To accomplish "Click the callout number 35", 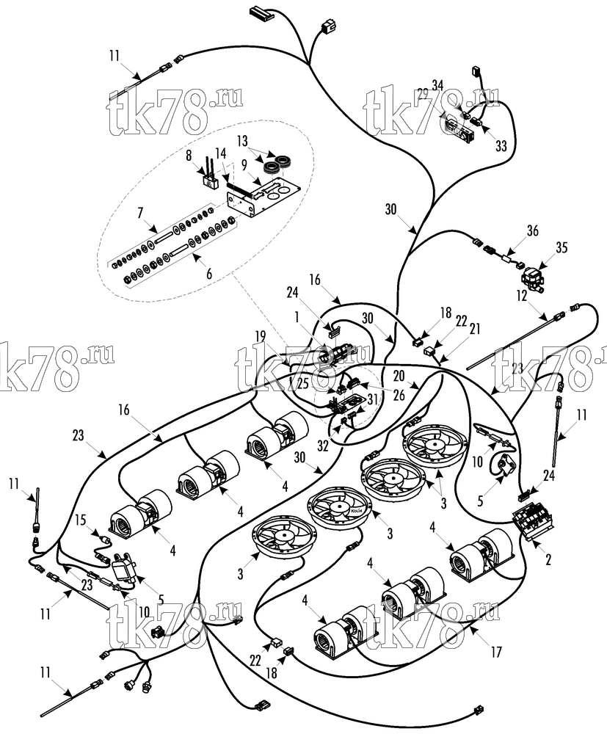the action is pyautogui.click(x=561, y=247).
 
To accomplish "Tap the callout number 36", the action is pyautogui.click(x=533, y=230).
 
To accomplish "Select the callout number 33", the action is pyautogui.click(x=501, y=146).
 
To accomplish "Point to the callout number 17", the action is pyautogui.click(x=496, y=651).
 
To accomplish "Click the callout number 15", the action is pyautogui.click(x=81, y=520).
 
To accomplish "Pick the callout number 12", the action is pyautogui.click(x=522, y=296).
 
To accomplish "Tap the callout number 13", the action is pyautogui.click(x=242, y=141).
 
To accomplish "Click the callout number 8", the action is pyautogui.click(x=189, y=155).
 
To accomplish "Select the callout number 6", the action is pyautogui.click(x=209, y=273).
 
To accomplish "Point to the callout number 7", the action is pyautogui.click(x=140, y=214).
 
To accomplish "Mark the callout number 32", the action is pyautogui.click(x=323, y=446).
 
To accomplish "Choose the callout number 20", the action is pyautogui.click(x=399, y=376).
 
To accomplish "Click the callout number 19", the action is pyautogui.click(x=261, y=336).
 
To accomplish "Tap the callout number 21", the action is pyautogui.click(x=475, y=330).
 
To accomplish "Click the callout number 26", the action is pyautogui.click(x=399, y=396).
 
